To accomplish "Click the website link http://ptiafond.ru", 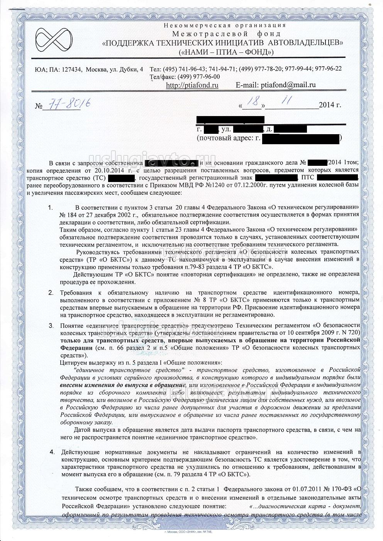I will coord(192,85).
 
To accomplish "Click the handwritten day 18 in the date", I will coord(253,102).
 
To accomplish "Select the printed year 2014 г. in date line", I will coord(330,105).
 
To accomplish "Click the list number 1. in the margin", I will coord(51,208).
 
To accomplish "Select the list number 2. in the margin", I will coord(51,292).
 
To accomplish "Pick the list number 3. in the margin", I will coord(51,325).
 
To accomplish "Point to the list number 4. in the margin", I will coord(53,451).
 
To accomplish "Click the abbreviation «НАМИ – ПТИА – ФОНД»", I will coord(226,52).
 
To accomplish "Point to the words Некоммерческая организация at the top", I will coord(225,25).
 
